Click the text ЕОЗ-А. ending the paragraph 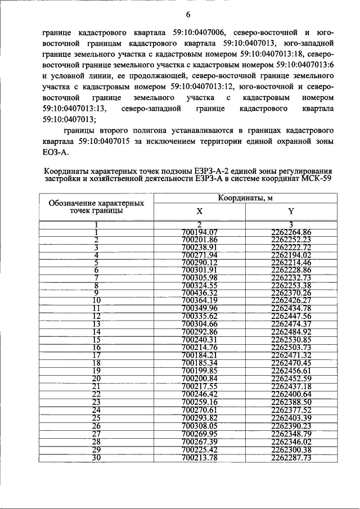[56, 152]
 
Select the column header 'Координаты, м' [245, 198]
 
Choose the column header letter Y [291, 211]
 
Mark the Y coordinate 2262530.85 [291, 340]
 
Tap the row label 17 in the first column [96, 355]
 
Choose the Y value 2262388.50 [291, 403]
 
